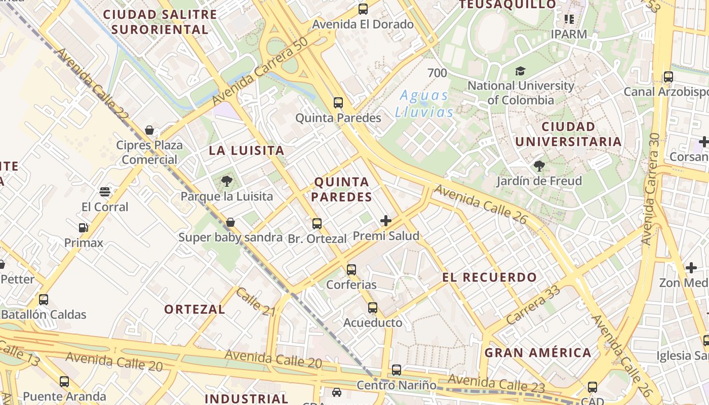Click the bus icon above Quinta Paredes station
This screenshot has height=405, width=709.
tap(338, 103)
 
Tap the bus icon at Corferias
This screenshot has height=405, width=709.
tap(351, 270)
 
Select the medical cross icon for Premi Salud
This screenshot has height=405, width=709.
tap(386, 221)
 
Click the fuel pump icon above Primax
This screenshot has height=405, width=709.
tap(84, 228)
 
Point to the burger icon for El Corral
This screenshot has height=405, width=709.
tap(105, 192)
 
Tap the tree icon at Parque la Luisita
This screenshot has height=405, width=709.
tap(227, 181)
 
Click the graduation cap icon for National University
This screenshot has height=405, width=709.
tap(520, 71)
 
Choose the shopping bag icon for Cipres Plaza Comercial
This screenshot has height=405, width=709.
tap(149, 130)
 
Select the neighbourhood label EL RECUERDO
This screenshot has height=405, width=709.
tap(489, 277)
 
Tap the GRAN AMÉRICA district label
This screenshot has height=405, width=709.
tap(538, 353)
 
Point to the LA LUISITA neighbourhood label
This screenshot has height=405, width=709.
tap(247, 150)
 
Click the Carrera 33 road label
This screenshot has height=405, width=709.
tap(533, 305)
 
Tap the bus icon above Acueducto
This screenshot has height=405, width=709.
tap(373, 307)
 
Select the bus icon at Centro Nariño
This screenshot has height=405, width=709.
tap(397, 370)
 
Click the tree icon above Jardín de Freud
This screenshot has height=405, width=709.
tap(539, 166)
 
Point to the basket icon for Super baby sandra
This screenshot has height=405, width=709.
tap(230, 222)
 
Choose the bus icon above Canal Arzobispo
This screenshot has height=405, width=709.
tap(668, 77)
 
